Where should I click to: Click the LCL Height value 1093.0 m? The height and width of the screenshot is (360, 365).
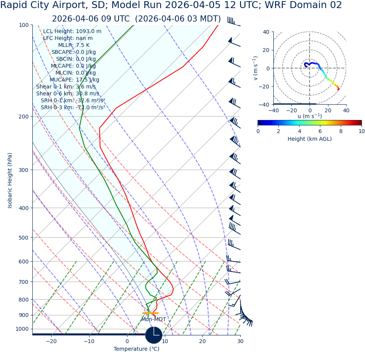click(89, 32)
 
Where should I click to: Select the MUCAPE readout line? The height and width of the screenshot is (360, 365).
click(74, 80)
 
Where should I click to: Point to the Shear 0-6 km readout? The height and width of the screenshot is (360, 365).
click(67, 94)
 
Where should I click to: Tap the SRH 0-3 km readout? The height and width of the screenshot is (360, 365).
click(73, 108)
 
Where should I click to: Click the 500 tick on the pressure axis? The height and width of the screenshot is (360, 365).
click(24, 238)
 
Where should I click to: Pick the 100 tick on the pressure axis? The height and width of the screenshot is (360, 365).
click(24, 25)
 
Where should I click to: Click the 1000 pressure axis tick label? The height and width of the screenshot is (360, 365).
click(22, 329)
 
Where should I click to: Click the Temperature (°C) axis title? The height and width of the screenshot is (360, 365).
click(136, 349)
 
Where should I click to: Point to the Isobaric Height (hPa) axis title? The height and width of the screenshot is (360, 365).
click(10, 180)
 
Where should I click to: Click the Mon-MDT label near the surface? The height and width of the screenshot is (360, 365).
click(154, 320)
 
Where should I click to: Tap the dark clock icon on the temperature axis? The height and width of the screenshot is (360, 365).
click(154, 335)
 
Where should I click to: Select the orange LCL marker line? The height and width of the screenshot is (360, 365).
click(150, 313)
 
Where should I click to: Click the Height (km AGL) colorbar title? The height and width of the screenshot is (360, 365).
click(310, 139)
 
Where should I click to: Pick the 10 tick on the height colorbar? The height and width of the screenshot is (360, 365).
click(361, 131)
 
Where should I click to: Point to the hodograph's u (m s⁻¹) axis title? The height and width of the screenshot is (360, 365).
click(310, 116)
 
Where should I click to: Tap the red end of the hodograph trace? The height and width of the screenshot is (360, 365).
click(338, 89)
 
